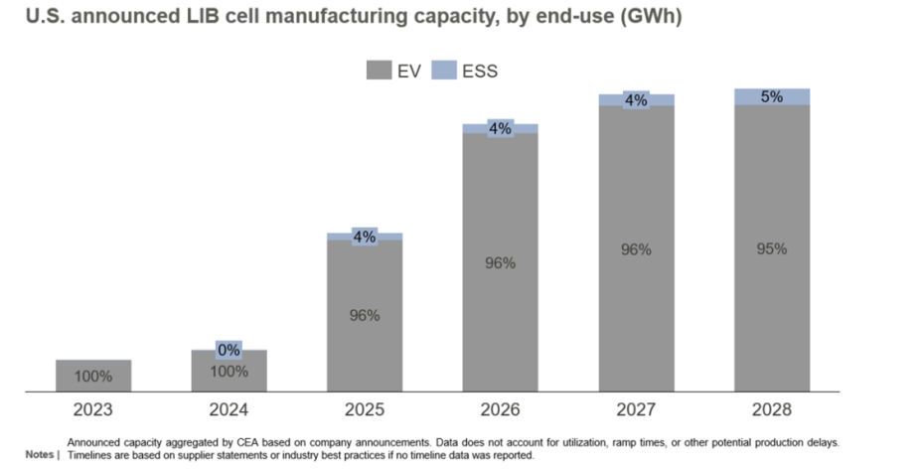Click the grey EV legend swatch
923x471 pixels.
coord(380,71)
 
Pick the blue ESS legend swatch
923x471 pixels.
coord(445,71)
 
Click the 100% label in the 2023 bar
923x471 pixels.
coord(93,378)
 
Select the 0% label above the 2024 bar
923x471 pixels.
coord(229,350)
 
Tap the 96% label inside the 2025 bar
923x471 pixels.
coord(364,315)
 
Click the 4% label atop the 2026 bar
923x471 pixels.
coord(500,128)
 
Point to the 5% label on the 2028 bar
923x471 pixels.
coord(771,97)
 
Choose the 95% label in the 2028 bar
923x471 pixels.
coord(771,248)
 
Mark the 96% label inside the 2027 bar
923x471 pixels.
coord(636,250)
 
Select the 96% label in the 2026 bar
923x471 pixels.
coord(500,263)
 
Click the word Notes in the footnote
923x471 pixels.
coord(41,455)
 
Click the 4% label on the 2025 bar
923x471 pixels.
coord(364,236)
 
